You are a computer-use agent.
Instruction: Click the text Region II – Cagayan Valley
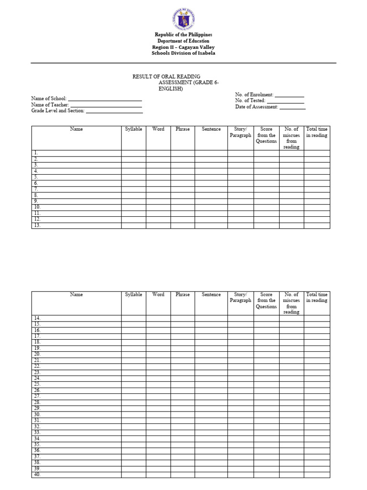tap(183, 47)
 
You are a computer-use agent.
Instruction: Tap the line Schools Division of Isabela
tap(183, 53)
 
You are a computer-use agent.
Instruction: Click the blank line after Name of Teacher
tap(106, 105)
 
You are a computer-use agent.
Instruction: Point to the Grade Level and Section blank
tap(114, 111)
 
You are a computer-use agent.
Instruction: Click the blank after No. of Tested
tap(285, 101)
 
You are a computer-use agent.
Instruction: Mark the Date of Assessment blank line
tap(292, 108)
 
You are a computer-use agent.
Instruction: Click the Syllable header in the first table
tap(133, 129)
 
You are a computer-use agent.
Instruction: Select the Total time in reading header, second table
tap(317, 298)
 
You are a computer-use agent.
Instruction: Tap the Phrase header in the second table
tap(183, 295)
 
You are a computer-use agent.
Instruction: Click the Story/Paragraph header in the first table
tap(240, 132)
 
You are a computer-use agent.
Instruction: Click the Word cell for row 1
tap(158, 153)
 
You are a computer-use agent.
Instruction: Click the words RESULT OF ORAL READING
tap(166, 77)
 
